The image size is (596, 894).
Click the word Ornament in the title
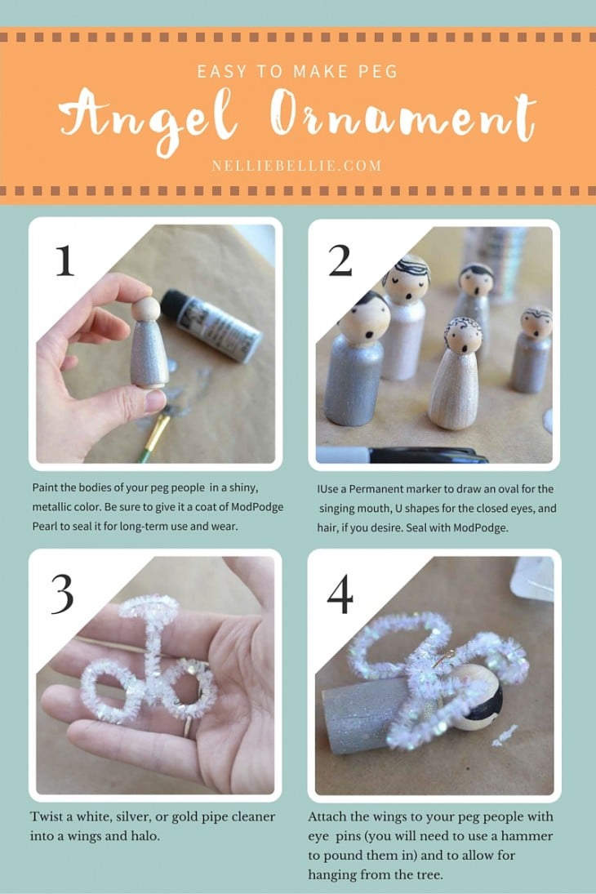[x=403, y=118]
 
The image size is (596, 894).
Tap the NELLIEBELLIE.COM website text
[x=296, y=165]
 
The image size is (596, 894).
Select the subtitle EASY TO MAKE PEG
[x=297, y=72]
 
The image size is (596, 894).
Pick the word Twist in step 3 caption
[x=48, y=816]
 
